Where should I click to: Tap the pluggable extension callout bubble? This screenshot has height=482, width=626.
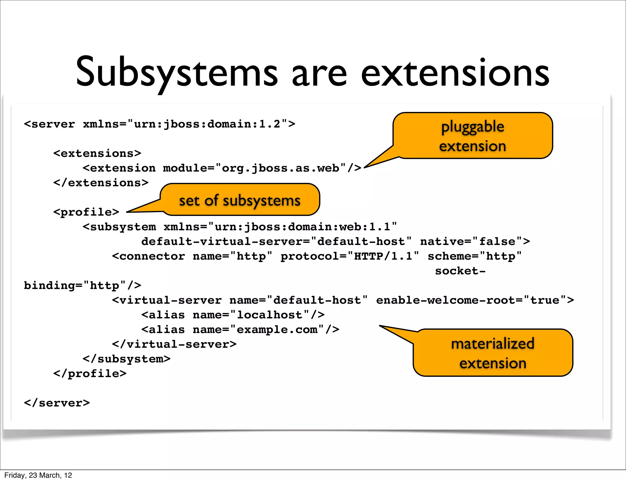pyautogui.click(x=473, y=136)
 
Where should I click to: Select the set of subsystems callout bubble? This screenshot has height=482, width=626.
pyautogui.click(x=240, y=200)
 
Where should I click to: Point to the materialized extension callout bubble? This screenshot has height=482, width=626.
pyautogui.click(x=493, y=353)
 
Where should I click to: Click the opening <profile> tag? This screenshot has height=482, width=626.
pyautogui.click(x=86, y=212)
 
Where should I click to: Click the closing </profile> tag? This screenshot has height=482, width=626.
pyautogui.click(x=90, y=373)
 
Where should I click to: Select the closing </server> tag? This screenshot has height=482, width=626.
pyautogui.click(x=57, y=403)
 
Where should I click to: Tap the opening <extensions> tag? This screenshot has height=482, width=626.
pyautogui.click(x=97, y=153)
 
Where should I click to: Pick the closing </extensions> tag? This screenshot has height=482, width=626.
pyautogui.click(x=101, y=183)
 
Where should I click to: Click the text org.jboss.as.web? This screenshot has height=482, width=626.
pyautogui.click(x=281, y=168)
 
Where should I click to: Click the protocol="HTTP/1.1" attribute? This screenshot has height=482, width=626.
pyautogui.click(x=350, y=256)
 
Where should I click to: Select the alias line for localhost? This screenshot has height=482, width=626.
pyautogui.click(x=233, y=315)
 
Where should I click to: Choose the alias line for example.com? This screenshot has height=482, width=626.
pyautogui.click(x=240, y=329)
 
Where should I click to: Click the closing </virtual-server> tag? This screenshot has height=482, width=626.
pyautogui.click(x=174, y=344)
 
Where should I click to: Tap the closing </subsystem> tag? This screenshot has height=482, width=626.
pyautogui.click(x=127, y=359)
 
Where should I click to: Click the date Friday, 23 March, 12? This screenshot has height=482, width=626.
pyautogui.click(x=38, y=475)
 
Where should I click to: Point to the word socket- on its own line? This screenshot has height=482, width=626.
pyautogui.click(x=460, y=271)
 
